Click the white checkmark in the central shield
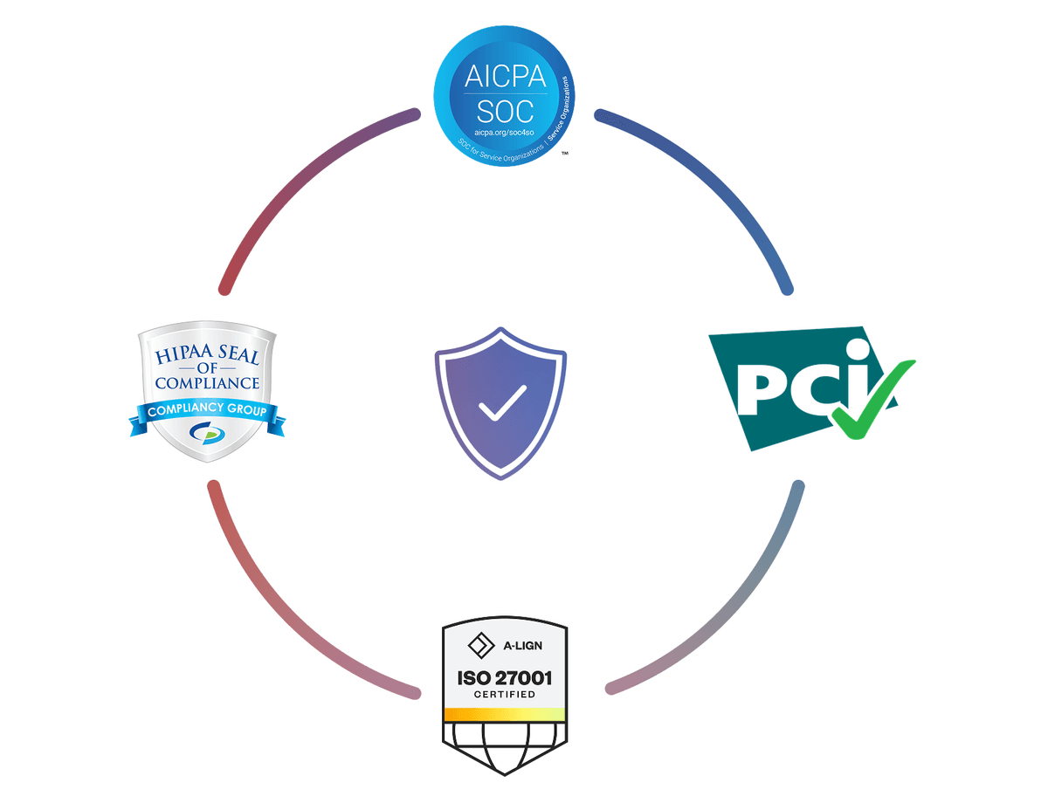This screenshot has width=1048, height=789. tap(501, 402)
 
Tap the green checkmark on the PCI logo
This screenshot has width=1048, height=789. tap(869, 397)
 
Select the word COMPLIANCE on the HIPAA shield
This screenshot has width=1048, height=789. tap(208, 382)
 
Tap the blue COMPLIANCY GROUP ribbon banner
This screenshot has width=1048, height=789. tap(207, 411)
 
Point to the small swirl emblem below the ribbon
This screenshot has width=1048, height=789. tap(207, 432)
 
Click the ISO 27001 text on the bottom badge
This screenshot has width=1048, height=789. tap(505, 678)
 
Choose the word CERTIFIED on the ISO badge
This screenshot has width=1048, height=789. tap(505, 696)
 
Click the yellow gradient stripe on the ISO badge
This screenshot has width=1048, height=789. tap(505, 715)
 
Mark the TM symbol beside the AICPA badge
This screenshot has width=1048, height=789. tap(565, 154)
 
